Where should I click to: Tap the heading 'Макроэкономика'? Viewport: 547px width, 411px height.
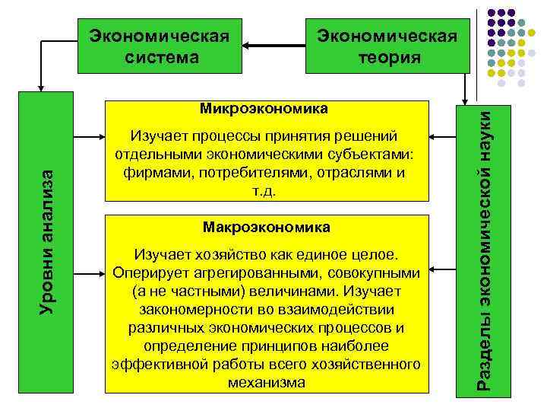pos(267,227)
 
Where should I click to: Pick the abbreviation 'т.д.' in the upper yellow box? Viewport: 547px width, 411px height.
pos(266,191)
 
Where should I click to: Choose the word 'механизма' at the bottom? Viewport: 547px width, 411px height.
pos(267,383)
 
